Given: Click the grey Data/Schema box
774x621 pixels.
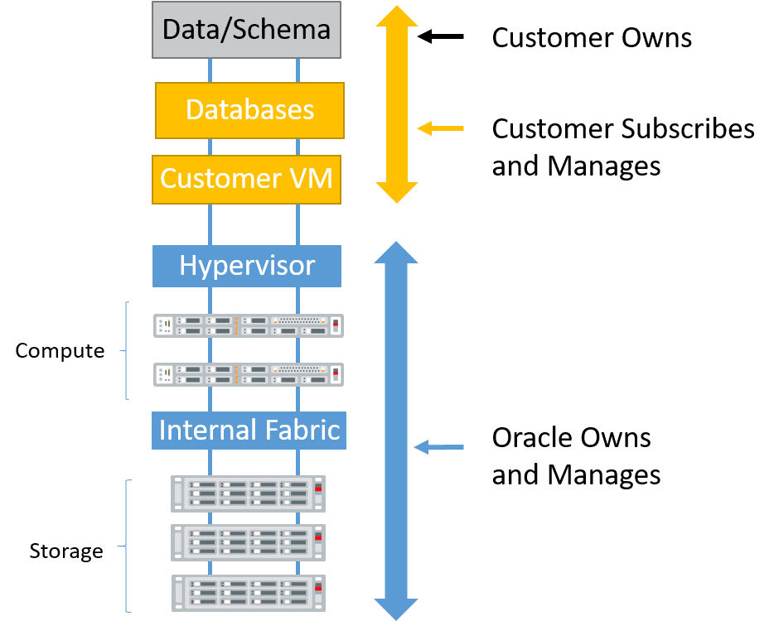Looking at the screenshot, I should (x=246, y=30).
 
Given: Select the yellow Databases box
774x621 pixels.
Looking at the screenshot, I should (x=249, y=110).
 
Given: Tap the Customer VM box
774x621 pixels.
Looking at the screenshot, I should (x=246, y=179).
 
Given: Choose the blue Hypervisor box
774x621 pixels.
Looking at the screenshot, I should (x=247, y=266).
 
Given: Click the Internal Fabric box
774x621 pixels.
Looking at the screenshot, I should (x=249, y=431).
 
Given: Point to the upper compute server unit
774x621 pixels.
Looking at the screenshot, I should (x=249, y=325).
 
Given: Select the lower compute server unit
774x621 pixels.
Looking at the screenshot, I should (x=249, y=374).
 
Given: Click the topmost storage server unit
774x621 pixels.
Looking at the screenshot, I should (x=248, y=493).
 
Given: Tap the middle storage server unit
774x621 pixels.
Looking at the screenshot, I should (x=248, y=542).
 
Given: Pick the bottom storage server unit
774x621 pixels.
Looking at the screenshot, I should (x=248, y=593).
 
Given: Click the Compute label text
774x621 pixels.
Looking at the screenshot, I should (x=60, y=351).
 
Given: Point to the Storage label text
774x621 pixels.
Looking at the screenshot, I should (x=66, y=551).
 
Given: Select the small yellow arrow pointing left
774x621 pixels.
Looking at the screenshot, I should (x=440, y=128).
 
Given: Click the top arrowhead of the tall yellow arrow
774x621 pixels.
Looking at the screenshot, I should (x=397, y=18).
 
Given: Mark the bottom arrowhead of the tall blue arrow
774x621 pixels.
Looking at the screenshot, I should (x=396, y=608).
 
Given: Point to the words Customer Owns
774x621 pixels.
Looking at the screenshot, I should (x=592, y=38).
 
